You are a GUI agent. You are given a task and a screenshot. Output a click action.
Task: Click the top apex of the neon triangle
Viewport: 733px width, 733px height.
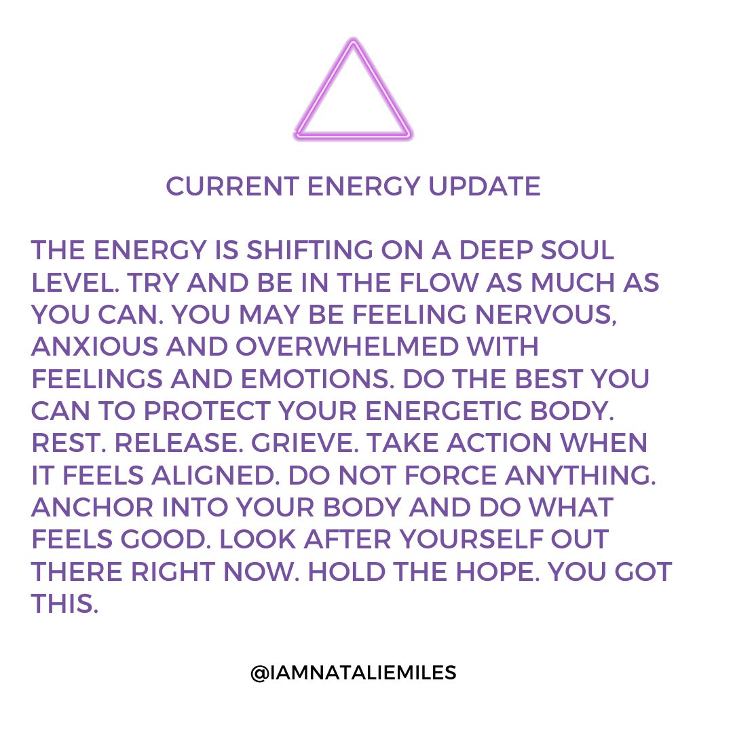[x=353, y=44]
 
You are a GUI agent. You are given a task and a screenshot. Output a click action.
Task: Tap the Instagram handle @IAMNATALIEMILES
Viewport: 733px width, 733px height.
[x=353, y=673]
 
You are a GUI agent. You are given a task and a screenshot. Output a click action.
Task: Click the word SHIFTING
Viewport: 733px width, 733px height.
[x=307, y=250]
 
